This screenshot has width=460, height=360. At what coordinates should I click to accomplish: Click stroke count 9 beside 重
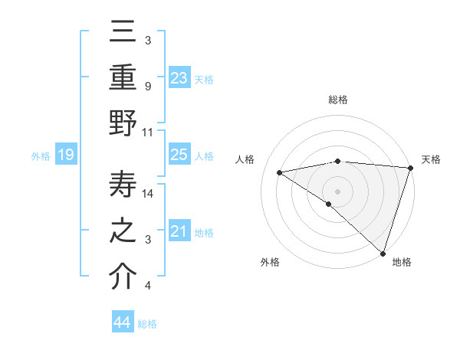point(147,87)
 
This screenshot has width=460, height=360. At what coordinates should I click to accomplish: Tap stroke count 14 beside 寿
point(149,195)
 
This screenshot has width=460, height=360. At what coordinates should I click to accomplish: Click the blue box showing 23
point(179,77)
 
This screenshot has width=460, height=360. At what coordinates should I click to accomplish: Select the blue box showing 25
point(179,155)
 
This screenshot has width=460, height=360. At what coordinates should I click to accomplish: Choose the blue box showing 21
point(179,231)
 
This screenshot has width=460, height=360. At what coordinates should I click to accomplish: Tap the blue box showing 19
point(65,155)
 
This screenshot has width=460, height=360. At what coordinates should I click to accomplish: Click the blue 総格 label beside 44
point(147,324)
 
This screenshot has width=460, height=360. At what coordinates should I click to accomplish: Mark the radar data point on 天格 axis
point(410,167)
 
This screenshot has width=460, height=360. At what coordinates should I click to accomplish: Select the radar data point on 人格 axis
point(280,172)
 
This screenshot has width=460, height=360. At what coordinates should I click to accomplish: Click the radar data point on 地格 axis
point(382,252)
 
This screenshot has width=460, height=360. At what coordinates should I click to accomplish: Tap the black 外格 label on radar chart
point(270,262)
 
